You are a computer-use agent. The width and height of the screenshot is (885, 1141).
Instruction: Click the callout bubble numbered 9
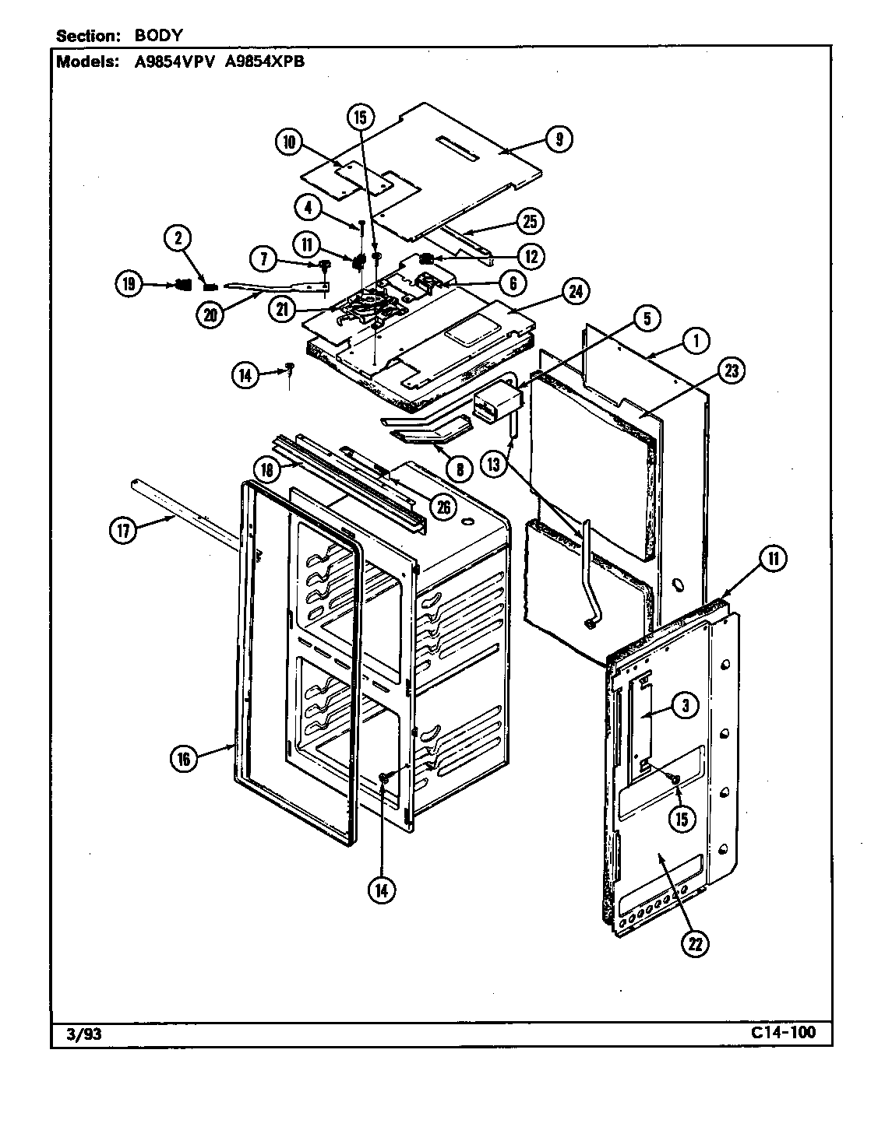click(x=559, y=139)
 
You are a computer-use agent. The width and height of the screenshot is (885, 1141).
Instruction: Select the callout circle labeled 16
click(x=184, y=759)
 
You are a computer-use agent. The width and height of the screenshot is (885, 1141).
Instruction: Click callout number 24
click(x=576, y=292)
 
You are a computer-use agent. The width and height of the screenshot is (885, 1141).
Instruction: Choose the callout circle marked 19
click(x=130, y=285)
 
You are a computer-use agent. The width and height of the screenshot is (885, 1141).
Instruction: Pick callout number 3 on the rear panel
click(x=685, y=706)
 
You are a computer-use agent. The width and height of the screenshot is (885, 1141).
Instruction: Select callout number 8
click(x=459, y=470)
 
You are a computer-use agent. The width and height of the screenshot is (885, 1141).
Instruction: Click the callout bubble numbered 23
click(x=732, y=371)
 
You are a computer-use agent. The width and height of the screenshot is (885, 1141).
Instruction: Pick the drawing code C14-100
click(x=784, y=1033)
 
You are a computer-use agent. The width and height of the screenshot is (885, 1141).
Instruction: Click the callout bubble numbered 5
click(x=647, y=318)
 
